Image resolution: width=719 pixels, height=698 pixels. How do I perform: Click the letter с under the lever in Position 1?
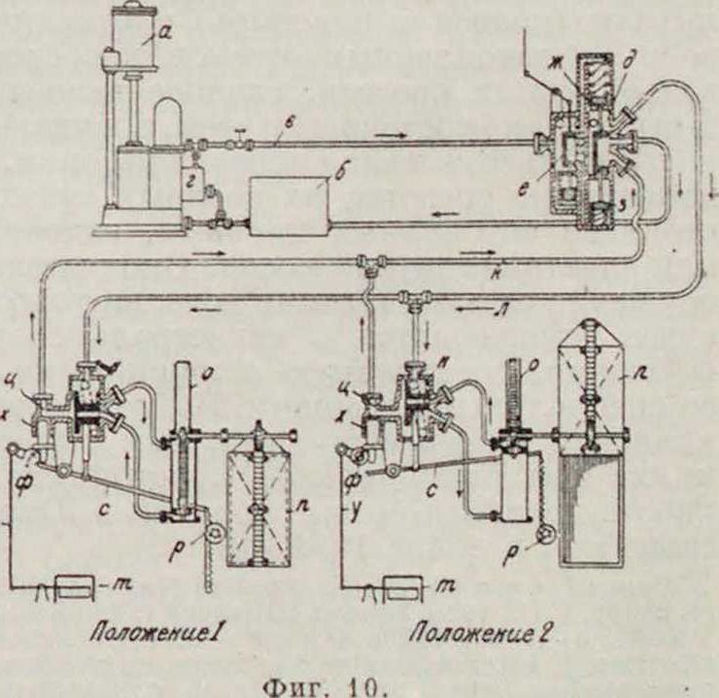tap(103, 504)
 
